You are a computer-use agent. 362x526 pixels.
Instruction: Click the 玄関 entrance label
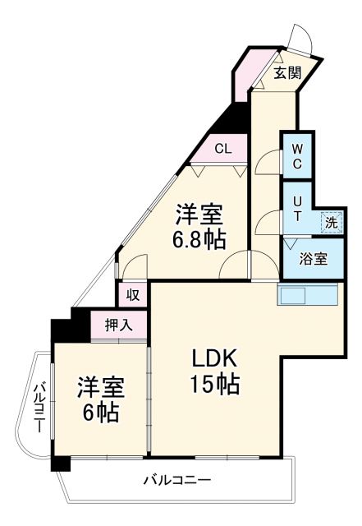tap(286, 73)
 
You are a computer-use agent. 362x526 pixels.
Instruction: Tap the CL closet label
tap(222, 149)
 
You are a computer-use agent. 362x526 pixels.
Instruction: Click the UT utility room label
tap(297, 207)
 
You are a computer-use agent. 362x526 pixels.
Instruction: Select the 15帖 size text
tap(215, 384)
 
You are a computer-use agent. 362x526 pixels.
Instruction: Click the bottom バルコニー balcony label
tap(176, 479)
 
